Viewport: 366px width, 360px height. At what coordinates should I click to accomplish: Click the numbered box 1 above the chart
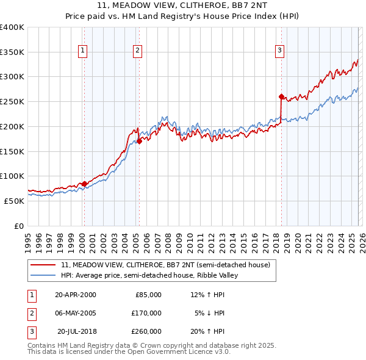pyautogui.click(x=82, y=51)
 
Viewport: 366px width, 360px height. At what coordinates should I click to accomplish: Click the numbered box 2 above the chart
pyautogui.click(x=138, y=51)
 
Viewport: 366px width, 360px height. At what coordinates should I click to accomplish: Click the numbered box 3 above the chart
pyautogui.click(x=279, y=51)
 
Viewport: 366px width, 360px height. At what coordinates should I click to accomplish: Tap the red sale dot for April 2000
pyautogui.click(x=84, y=184)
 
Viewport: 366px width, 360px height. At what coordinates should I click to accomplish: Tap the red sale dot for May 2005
pyautogui.click(x=139, y=141)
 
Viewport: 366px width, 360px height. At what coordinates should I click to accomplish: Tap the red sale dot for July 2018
pyautogui.click(x=281, y=96)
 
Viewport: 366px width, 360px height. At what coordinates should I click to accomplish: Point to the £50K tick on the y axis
pyautogui.click(x=14, y=201)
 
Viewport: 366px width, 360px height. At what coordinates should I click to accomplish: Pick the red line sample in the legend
pyautogui.click(x=44, y=265)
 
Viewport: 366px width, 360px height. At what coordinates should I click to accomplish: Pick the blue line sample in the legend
pyautogui.click(x=44, y=275)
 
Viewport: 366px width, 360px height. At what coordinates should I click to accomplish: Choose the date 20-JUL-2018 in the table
pyautogui.click(x=76, y=331)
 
